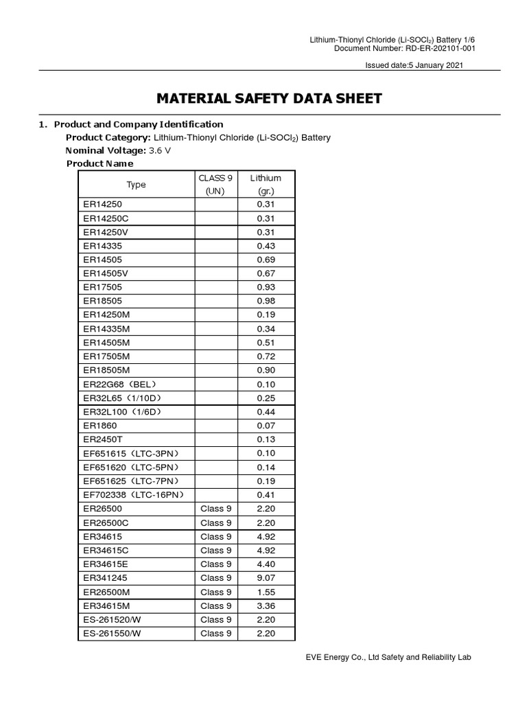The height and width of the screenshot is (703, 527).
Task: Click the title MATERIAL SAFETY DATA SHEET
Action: click(x=269, y=98)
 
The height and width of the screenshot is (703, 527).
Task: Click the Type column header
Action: click(x=136, y=184)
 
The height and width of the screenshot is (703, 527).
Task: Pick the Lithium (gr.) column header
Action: click(x=266, y=184)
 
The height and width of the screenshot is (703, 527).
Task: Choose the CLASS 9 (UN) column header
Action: click(x=215, y=184)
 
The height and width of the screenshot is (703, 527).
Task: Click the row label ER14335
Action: click(x=103, y=246)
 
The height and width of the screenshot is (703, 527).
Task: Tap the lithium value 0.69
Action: click(x=266, y=260)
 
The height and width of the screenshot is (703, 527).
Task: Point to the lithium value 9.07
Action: click(x=266, y=577)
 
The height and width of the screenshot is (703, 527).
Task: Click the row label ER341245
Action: click(x=106, y=577)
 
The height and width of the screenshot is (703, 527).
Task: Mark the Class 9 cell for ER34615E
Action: click(x=215, y=564)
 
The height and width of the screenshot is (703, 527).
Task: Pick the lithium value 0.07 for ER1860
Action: click(x=266, y=425)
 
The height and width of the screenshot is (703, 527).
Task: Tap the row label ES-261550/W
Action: click(x=112, y=633)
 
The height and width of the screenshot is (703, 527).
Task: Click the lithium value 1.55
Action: click(x=266, y=592)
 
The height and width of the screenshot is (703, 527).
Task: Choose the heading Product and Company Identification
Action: click(x=138, y=124)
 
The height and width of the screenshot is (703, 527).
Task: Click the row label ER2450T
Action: click(x=103, y=439)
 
